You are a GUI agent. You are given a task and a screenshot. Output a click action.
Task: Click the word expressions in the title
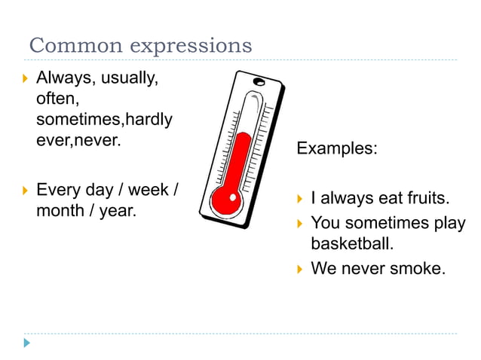point(191,46)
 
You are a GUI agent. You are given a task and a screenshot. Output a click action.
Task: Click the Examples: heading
point(336,148)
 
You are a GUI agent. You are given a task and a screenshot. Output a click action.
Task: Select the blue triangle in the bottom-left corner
point(27,343)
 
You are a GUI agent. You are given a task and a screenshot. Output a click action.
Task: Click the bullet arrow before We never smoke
point(300,267)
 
